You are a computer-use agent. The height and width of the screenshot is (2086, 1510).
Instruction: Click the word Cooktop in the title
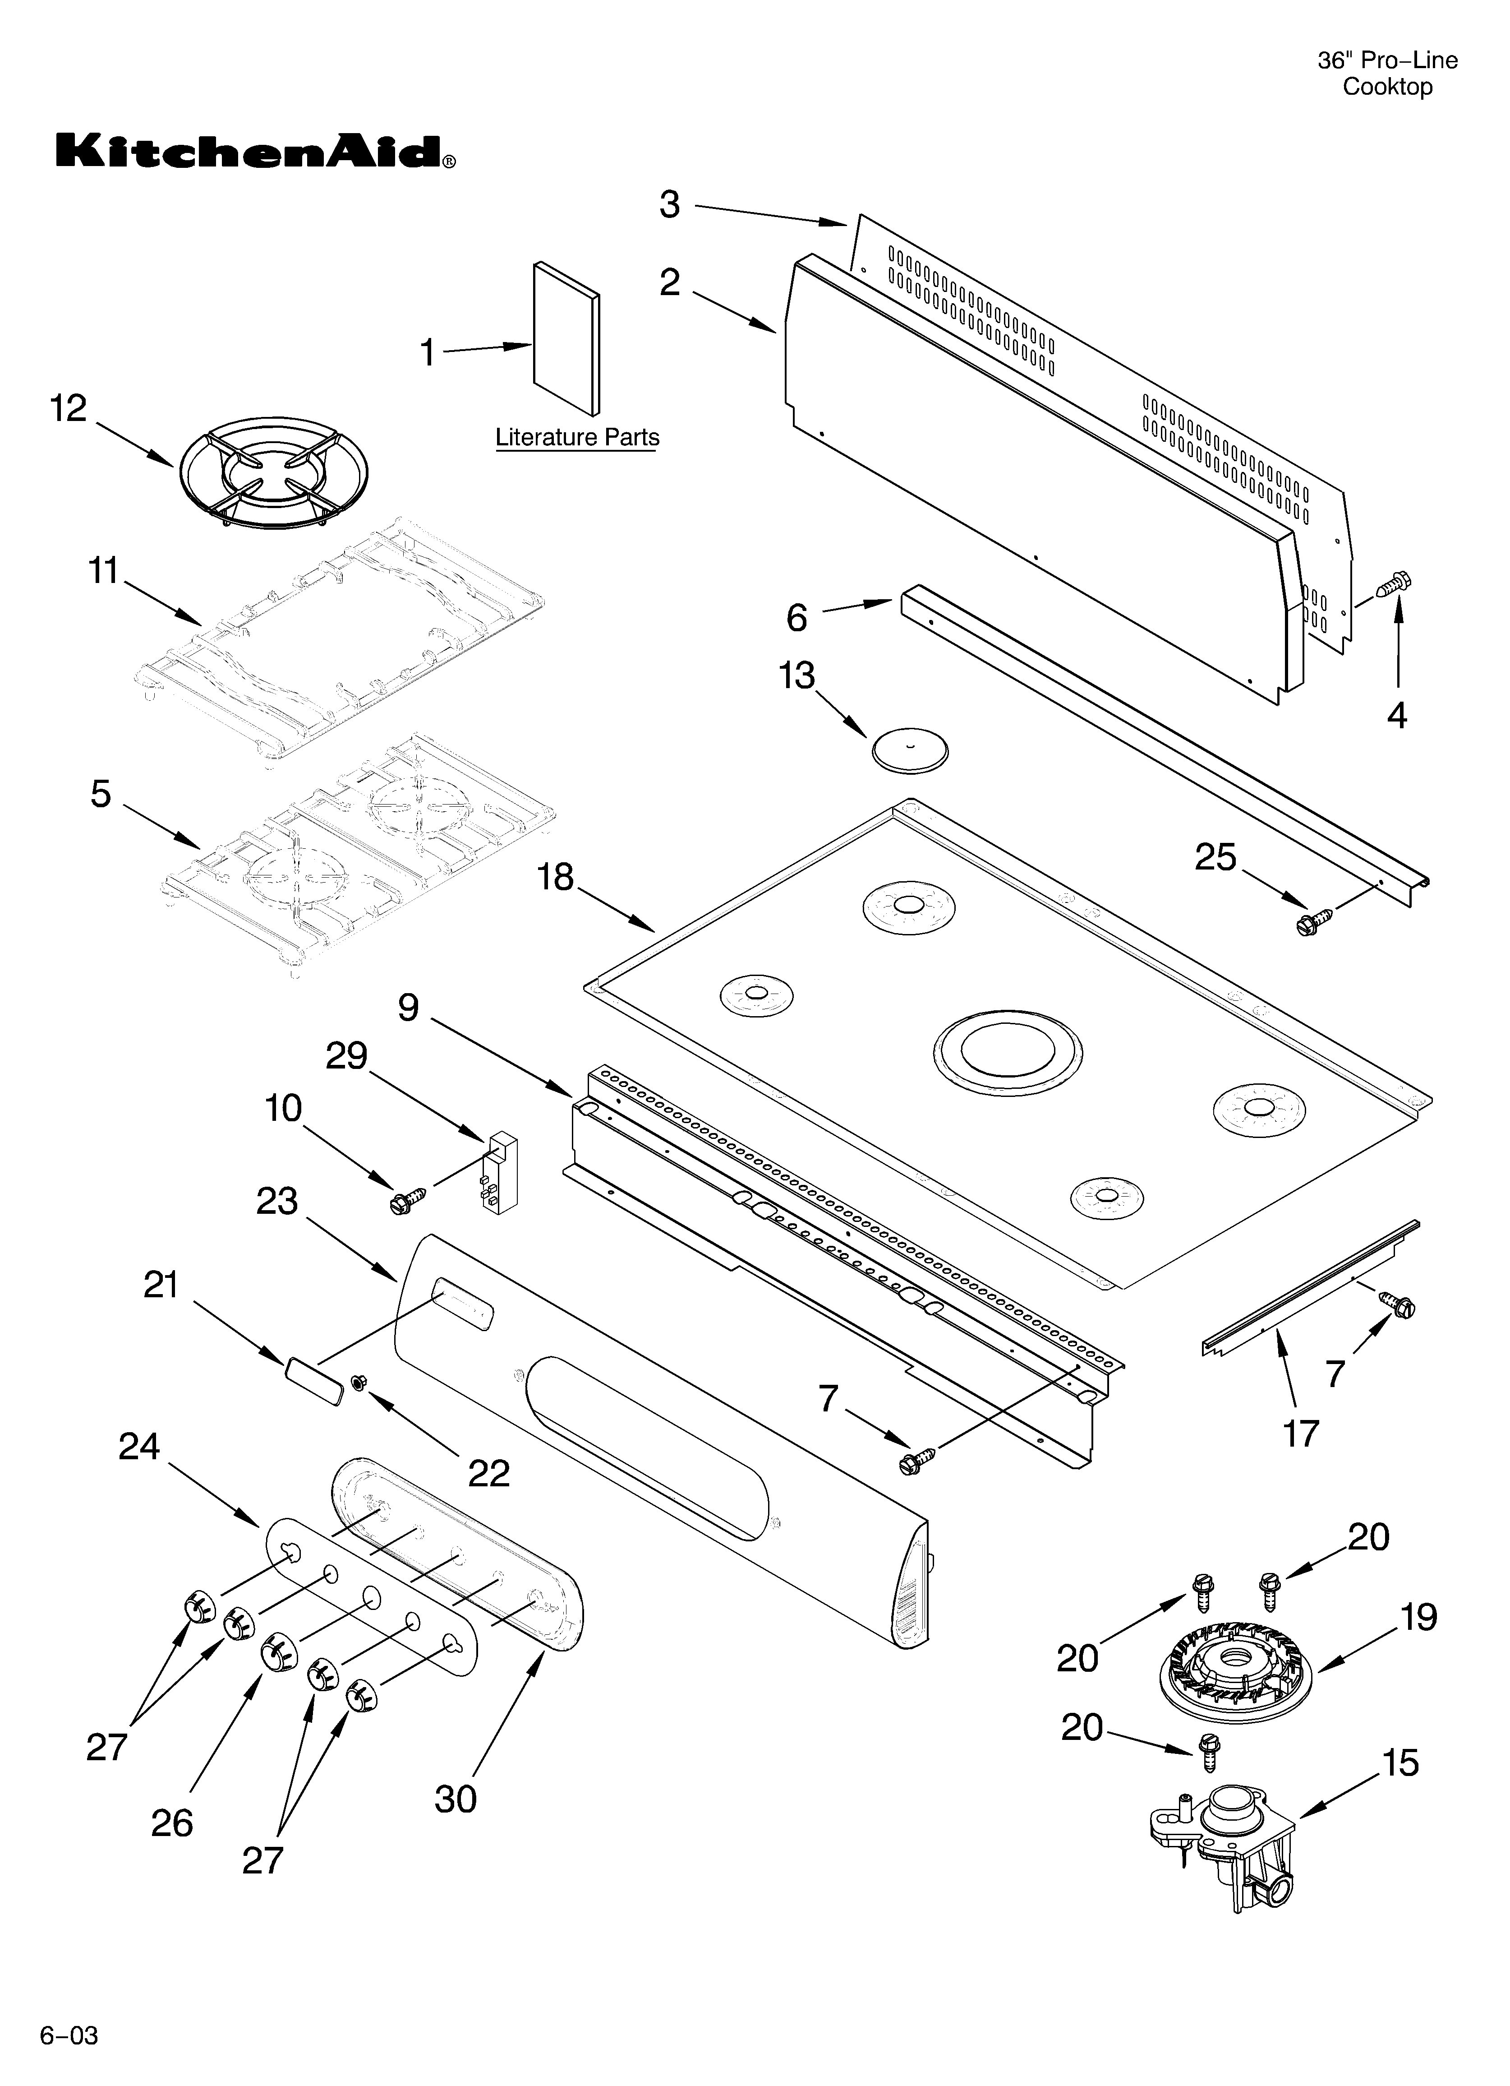pyautogui.click(x=1387, y=88)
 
